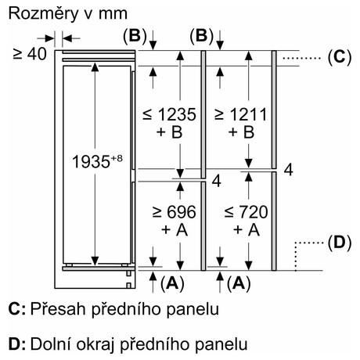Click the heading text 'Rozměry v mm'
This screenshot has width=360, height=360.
68,14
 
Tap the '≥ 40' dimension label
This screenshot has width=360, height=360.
30,54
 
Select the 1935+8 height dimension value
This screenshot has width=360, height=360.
97,161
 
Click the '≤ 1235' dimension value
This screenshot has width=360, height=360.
169,114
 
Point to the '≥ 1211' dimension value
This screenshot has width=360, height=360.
241,114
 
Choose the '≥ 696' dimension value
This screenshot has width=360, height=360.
174,212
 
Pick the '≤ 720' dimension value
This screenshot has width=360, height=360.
246,212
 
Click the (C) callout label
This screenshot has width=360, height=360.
340,57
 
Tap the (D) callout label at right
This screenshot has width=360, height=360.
340,243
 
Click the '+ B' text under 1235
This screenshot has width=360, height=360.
169,132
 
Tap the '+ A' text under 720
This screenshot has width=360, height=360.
247,229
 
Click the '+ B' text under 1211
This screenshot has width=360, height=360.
241,132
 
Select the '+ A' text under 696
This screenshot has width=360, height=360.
175,229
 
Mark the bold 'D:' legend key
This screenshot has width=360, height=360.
17,344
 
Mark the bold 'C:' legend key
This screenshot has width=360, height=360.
17,309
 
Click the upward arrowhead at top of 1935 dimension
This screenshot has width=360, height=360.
95,67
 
